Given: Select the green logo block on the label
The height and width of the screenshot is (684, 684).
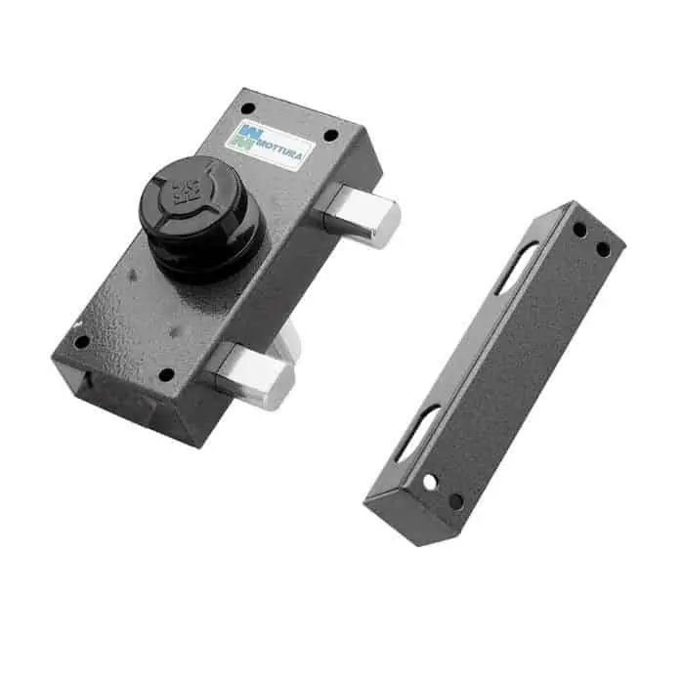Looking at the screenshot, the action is click(x=242, y=143).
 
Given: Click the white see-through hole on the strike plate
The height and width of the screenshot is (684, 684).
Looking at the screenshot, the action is click(x=430, y=483).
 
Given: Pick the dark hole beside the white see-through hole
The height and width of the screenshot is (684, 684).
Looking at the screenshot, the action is click(x=455, y=501).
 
